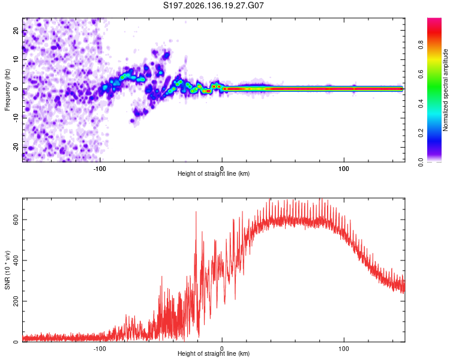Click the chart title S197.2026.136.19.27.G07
click(213, 5)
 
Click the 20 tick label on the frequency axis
click(16, 31)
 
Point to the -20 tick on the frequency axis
click(16, 147)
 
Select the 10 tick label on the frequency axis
click(16, 59)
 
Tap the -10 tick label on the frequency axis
click(16, 118)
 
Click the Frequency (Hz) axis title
click(7, 90)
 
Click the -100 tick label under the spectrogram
click(100, 169)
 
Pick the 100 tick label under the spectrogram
click(344, 169)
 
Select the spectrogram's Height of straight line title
click(214, 173)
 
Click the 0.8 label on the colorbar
click(421, 45)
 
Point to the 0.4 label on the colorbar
click(421, 103)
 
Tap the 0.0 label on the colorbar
click(421, 162)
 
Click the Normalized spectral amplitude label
click(445, 90)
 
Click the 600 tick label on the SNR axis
click(16, 220)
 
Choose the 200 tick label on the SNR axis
click(16, 301)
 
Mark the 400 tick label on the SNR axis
click(16, 260)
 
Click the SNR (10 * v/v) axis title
click(7, 270)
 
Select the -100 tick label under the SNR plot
click(100, 349)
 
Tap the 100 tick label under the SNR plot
click(344, 349)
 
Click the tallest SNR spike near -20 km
click(196, 212)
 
